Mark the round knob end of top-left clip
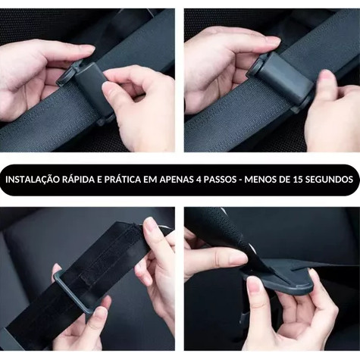(63, 78)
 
